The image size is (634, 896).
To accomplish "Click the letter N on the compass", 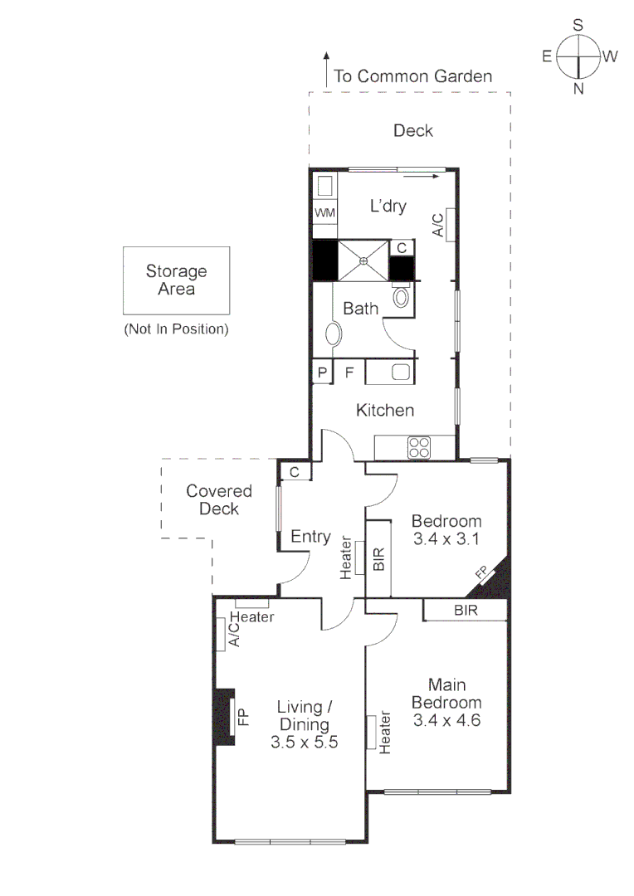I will (x=578, y=89).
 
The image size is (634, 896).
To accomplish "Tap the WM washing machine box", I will (x=324, y=213).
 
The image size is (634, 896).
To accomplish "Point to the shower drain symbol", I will (x=363, y=261).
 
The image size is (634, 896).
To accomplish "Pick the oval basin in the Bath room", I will (x=333, y=334).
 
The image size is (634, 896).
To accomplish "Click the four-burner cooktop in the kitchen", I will (x=419, y=448).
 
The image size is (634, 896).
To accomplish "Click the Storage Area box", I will (x=176, y=280).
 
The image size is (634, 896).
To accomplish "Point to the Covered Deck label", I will (x=219, y=499).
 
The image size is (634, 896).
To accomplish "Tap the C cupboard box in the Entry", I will (x=295, y=472).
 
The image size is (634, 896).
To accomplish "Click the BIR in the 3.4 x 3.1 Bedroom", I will (x=379, y=558).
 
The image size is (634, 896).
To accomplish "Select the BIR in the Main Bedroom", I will (x=465, y=610).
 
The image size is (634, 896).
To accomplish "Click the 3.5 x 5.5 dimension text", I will (x=304, y=743).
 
